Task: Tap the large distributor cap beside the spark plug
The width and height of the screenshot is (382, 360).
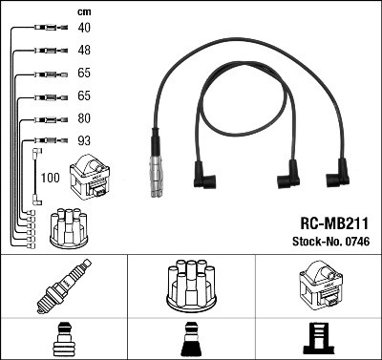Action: coord(190,286)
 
